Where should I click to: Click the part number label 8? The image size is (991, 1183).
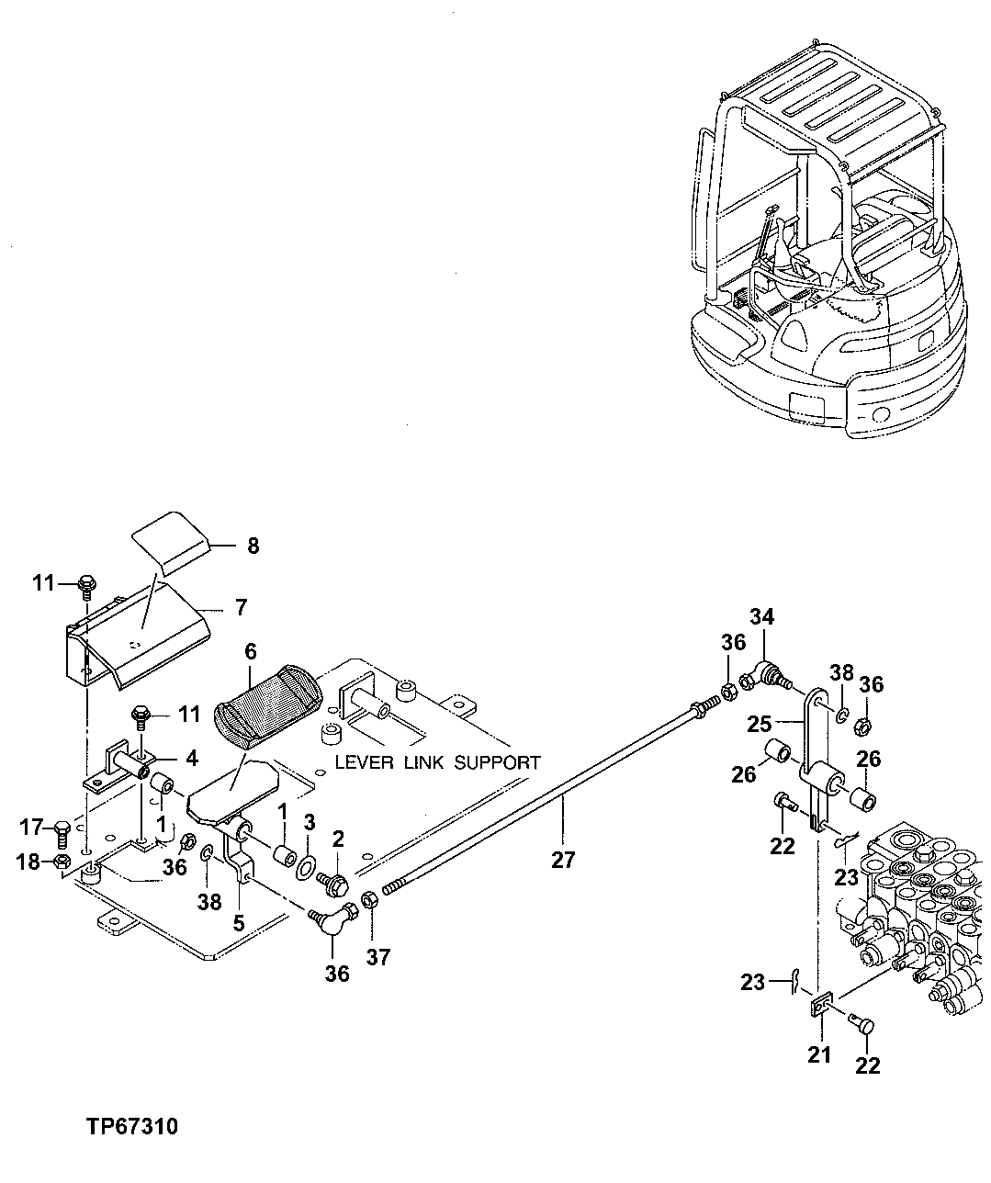(253, 546)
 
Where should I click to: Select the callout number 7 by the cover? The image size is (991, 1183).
(241, 608)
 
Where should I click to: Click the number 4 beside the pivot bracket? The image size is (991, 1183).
(191, 759)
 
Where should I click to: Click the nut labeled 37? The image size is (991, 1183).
(368, 900)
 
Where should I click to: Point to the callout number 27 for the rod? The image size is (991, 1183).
(562, 860)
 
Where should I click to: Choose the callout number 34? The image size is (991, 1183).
(760, 616)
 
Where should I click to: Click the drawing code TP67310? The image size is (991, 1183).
(132, 1126)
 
